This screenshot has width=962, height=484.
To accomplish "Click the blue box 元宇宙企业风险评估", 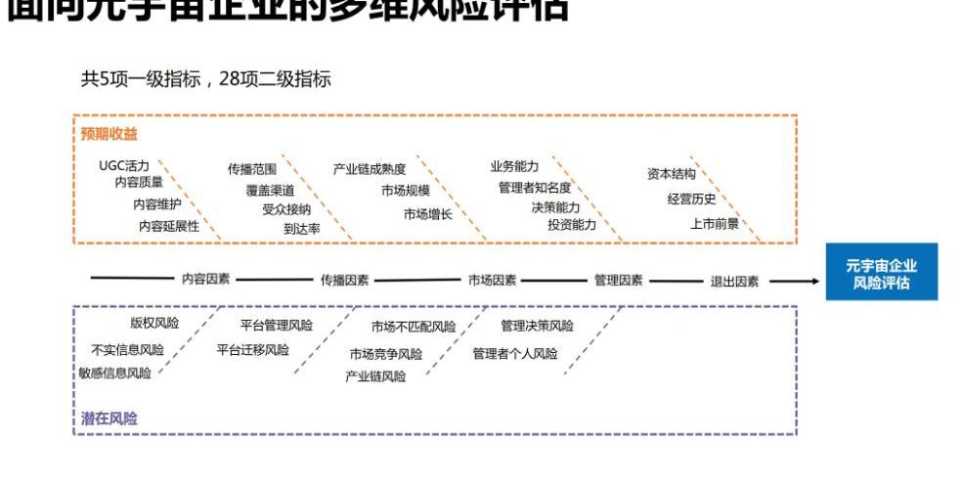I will (881, 272).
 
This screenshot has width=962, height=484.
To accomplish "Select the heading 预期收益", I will (109, 134).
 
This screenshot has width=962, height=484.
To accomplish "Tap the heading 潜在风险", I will (109, 418).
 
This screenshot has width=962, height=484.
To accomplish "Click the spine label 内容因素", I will (206, 279).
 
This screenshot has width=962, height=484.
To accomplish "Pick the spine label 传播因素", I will (345, 280).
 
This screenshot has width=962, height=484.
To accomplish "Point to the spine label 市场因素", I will (492, 280).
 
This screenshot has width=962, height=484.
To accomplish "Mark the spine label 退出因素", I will (734, 281).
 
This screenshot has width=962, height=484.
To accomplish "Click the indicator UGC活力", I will (124, 165).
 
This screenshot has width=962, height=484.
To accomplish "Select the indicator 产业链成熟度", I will (370, 169).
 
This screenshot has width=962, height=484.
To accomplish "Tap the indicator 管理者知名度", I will (534, 187).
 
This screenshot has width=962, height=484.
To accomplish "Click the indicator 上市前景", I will (715, 223).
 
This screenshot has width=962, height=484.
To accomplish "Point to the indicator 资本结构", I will (672, 174).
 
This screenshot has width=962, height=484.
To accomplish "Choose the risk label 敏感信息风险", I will (115, 373).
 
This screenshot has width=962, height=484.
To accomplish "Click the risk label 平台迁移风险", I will (253, 349).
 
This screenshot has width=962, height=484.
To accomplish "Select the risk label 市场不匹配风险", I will (414, 327).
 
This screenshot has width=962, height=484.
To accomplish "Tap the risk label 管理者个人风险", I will (515, 353).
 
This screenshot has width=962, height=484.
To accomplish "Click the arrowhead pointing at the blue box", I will (813, 281).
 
